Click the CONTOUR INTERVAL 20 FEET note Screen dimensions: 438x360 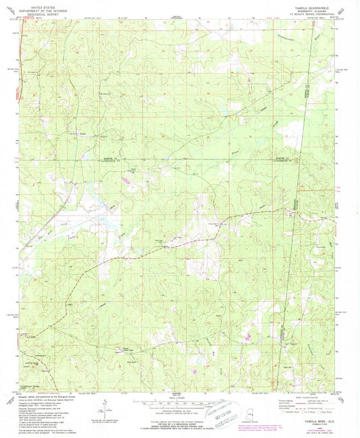pyautogui.click(x=180, y=412)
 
